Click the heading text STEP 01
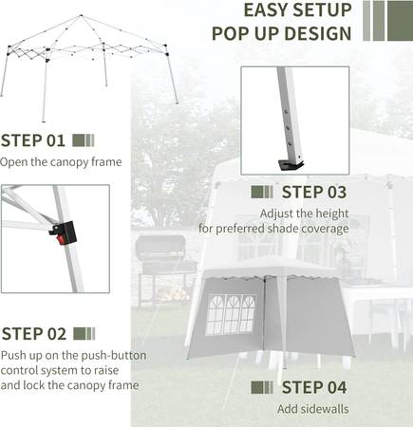tap(33, 140)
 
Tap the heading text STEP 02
tap(34, 334)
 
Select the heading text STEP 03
tap(314, 192)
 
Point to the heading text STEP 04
tap(314, 387)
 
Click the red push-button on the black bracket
tap(61, 239)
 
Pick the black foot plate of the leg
tap(291, 165)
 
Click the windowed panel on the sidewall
tap(231, 315)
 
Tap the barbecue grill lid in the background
tap(160, 246)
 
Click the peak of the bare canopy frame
tap(81, 15)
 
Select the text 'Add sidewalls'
tap(313, 409)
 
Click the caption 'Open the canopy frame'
tap(61, 162)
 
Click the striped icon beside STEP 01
tap(84, 140)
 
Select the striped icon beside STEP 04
tap(262, 387)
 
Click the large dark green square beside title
tap(400, 21)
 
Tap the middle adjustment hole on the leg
tap(288, 127)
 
